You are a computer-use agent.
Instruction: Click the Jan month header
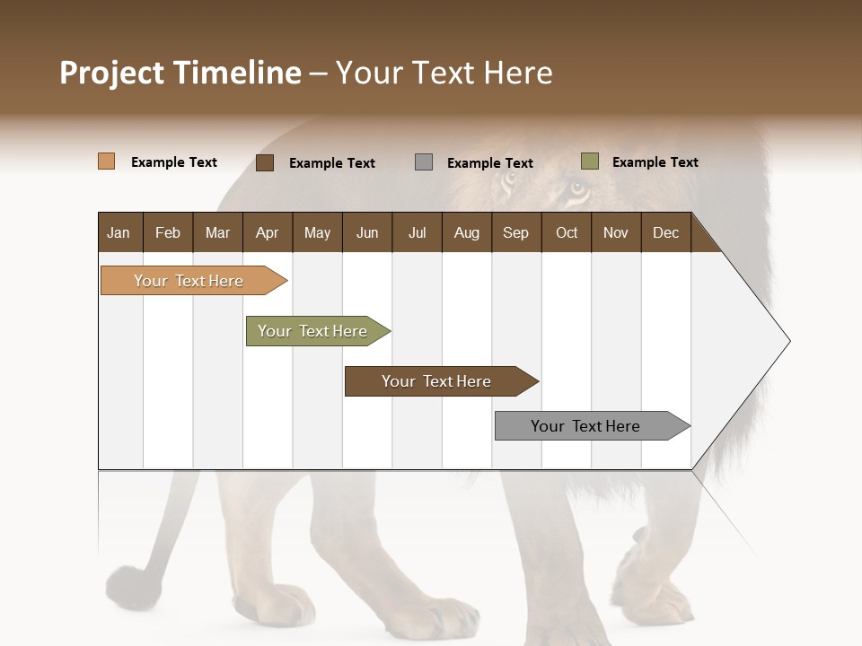tap(119, 232)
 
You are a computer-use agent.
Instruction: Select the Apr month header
tap(267, 232)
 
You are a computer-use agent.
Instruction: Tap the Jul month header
tap(417, 232)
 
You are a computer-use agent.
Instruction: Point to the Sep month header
tap(515, 232)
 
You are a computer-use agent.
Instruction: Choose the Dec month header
tap(665, 232)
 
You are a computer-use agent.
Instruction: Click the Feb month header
tap(168, 232)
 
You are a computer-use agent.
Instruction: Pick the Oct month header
tap(567, 232)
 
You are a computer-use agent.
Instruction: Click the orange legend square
tap(107, 161)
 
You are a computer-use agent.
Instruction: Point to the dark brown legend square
tap(265, 162)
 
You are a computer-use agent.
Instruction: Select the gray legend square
tap(424, 162)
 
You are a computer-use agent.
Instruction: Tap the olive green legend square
tap(589, 161)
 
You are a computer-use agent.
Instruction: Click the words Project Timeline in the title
tap(180, 73)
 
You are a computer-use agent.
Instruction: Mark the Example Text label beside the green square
tap(655, 162)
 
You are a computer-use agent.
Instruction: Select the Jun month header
tap(367, 232)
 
